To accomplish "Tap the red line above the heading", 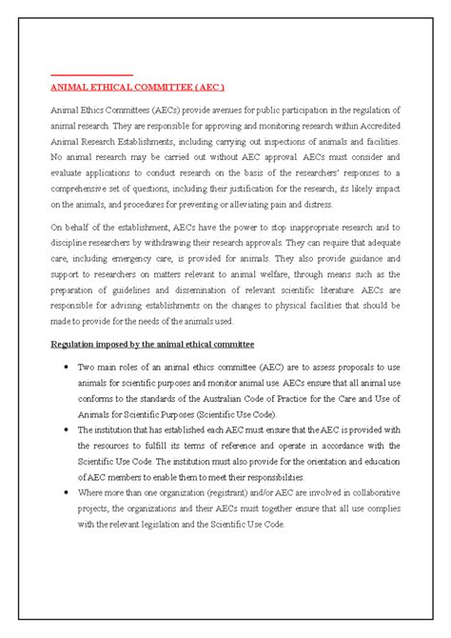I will point(91,74).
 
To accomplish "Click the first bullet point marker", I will point(63,366).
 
